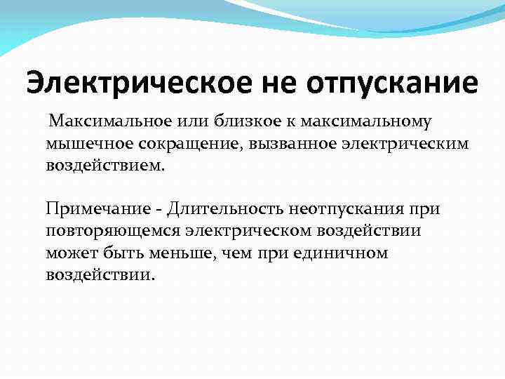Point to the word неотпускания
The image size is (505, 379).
pos(343,208)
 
